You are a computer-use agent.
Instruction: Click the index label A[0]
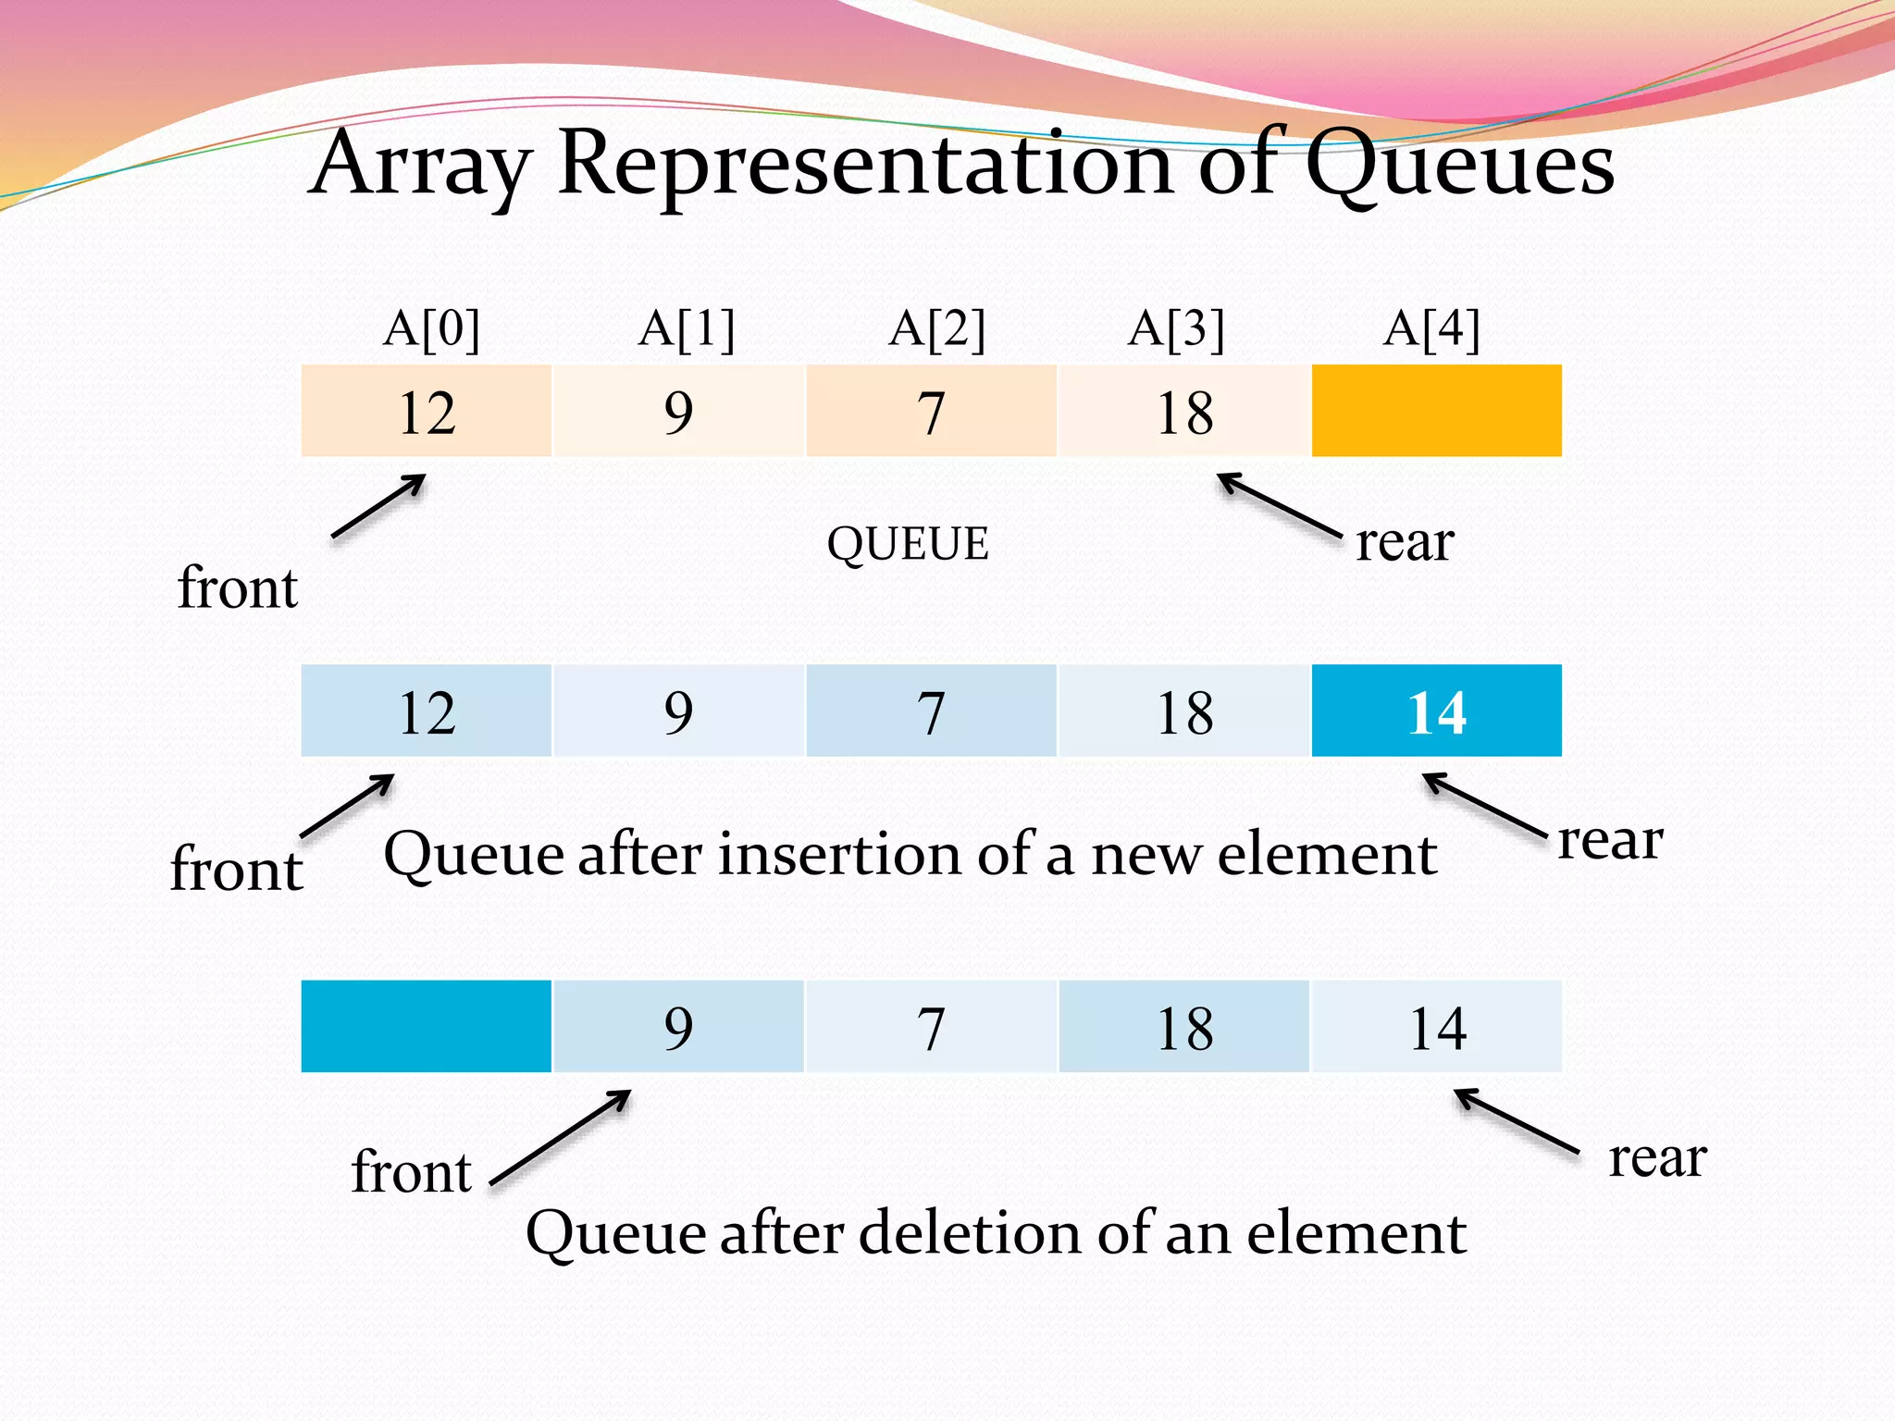431,328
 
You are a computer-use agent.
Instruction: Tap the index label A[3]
1176,328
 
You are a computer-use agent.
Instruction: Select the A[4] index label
1431,328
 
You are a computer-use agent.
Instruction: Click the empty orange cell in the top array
1436,411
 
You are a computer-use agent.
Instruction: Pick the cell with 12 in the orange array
427,411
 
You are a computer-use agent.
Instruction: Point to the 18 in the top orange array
1184,411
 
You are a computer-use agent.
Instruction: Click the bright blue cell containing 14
1436,711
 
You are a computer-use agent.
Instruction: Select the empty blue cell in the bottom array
427,1027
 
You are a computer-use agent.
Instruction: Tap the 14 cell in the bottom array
1436,1027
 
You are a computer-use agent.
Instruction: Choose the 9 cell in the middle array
678,711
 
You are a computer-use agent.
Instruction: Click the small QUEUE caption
908,543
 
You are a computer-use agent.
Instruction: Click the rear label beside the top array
1405,542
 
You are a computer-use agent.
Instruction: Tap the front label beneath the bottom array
412,1172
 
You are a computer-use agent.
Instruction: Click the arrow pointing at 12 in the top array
378,506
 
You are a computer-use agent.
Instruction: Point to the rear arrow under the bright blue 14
1484,805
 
